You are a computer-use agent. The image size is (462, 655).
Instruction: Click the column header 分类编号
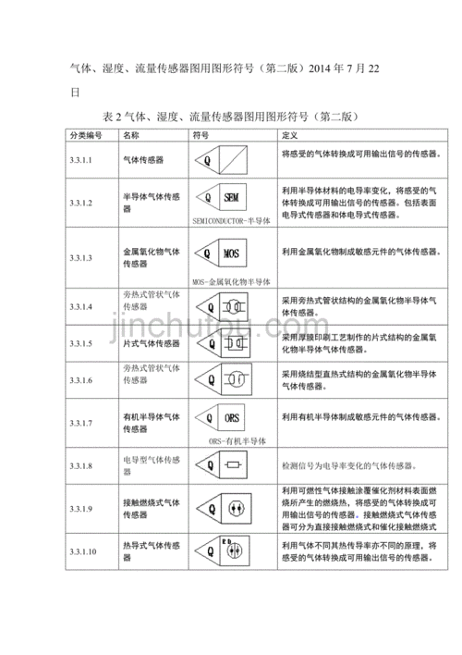click(86, 136)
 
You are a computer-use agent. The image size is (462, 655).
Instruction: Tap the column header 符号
click(201, 136)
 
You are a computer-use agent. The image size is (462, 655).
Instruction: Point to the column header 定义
click(288, 136)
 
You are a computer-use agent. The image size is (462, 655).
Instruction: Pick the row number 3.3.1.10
click(83, 551)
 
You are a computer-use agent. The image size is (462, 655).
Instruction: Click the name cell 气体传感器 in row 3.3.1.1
click(143, 160)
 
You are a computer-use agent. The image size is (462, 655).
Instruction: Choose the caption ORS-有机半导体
click(235, 443)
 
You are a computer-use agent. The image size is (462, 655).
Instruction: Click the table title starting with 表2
click(230, 117)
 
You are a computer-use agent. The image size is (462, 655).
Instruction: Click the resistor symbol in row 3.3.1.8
click(234, 464)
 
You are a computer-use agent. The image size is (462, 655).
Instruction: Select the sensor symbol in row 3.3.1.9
click(234, 508)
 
